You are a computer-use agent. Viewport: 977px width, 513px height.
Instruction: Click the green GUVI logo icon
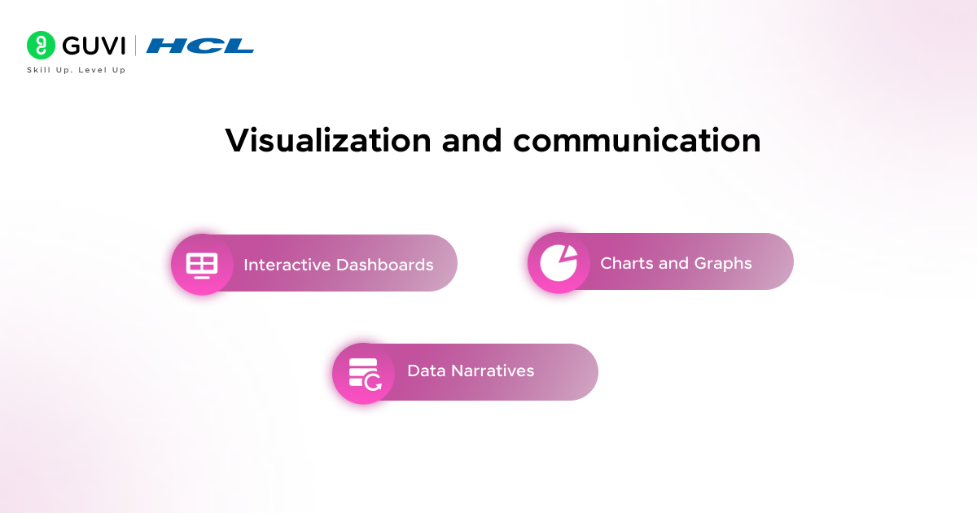tap(40, 45)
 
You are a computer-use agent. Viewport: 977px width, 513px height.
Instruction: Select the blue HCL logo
tap(200, 46)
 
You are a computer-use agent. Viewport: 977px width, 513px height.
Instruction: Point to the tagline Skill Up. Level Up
tap(77, 70)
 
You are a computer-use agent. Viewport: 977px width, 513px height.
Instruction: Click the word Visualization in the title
tap(328, 141)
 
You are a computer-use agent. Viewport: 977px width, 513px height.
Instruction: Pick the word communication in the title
tap(637, 141)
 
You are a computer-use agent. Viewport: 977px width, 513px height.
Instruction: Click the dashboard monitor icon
tap(201, 265)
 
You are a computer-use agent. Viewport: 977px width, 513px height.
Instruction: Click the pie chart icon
tap(558, 263)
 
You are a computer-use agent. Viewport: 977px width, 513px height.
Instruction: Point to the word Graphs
tap(723, 263)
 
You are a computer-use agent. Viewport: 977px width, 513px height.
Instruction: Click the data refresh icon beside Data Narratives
tap(363, 373)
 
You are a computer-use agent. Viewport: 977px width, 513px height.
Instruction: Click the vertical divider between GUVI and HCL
tap(136, 46)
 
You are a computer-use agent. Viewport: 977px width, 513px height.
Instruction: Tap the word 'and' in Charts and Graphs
tap(675, 263)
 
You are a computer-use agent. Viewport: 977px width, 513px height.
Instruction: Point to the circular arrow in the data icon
tap(373, 382)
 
